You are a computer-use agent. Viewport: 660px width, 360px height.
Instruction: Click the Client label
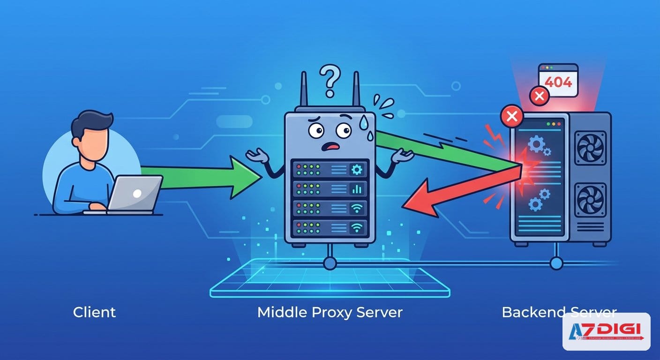[94, 312]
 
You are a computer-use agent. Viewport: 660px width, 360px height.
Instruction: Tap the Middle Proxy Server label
[330, 312]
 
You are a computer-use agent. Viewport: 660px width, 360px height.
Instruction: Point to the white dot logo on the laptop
[137, 193]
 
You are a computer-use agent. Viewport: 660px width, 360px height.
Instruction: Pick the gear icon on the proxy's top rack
[357, 169]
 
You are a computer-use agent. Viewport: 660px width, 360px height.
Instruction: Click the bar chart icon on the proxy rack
[357, 189]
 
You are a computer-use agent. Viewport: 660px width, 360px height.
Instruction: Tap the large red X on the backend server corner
[512, 116]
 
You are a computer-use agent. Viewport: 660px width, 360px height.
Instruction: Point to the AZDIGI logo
[606, 332]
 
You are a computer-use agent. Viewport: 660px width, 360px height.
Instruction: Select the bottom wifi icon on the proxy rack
[357, 228]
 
